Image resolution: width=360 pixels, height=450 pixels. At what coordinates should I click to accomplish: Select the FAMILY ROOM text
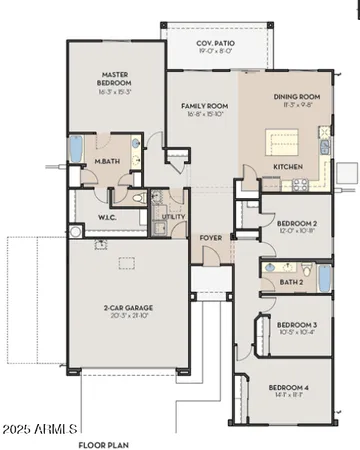click(x=204, y=105)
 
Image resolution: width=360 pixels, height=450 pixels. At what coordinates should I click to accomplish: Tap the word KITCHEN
click(x=289, y=166)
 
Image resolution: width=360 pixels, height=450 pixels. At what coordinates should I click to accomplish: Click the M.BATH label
click(x=108, y=161)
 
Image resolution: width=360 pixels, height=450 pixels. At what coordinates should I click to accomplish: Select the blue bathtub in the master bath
click(x=76, y=149)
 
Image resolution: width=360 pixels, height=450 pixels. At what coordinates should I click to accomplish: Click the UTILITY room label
click(x=173, y=215)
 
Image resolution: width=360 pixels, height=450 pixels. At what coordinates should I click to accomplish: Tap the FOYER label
click(x=210, y=237)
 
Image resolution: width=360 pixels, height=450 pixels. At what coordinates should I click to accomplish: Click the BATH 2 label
click(x=292, y=283)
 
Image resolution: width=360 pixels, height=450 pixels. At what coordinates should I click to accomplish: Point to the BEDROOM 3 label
click(x=296, y=325)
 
